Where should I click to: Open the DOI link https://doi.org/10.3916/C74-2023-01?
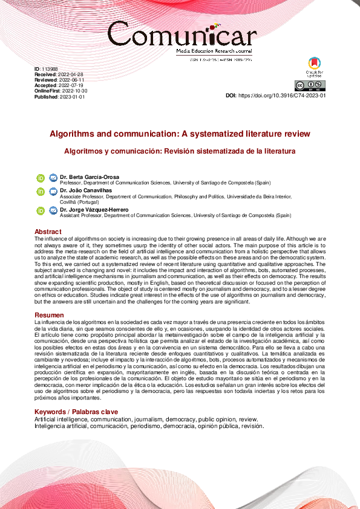(x=283, y=96)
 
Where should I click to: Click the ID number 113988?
(x=50, y=69)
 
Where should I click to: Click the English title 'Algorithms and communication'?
(x=180, y=133)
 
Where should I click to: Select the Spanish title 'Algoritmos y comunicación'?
(x=180, y=151)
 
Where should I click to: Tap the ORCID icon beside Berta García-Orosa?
(x=41, y=178)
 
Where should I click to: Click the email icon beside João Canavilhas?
(x=53, y=192)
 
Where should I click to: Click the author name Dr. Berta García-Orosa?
(x=89, y=177)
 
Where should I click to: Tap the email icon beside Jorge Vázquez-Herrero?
(x=53, y=210)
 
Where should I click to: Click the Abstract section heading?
(x=48, y=232)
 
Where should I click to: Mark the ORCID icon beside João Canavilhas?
(x=41, y=192)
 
